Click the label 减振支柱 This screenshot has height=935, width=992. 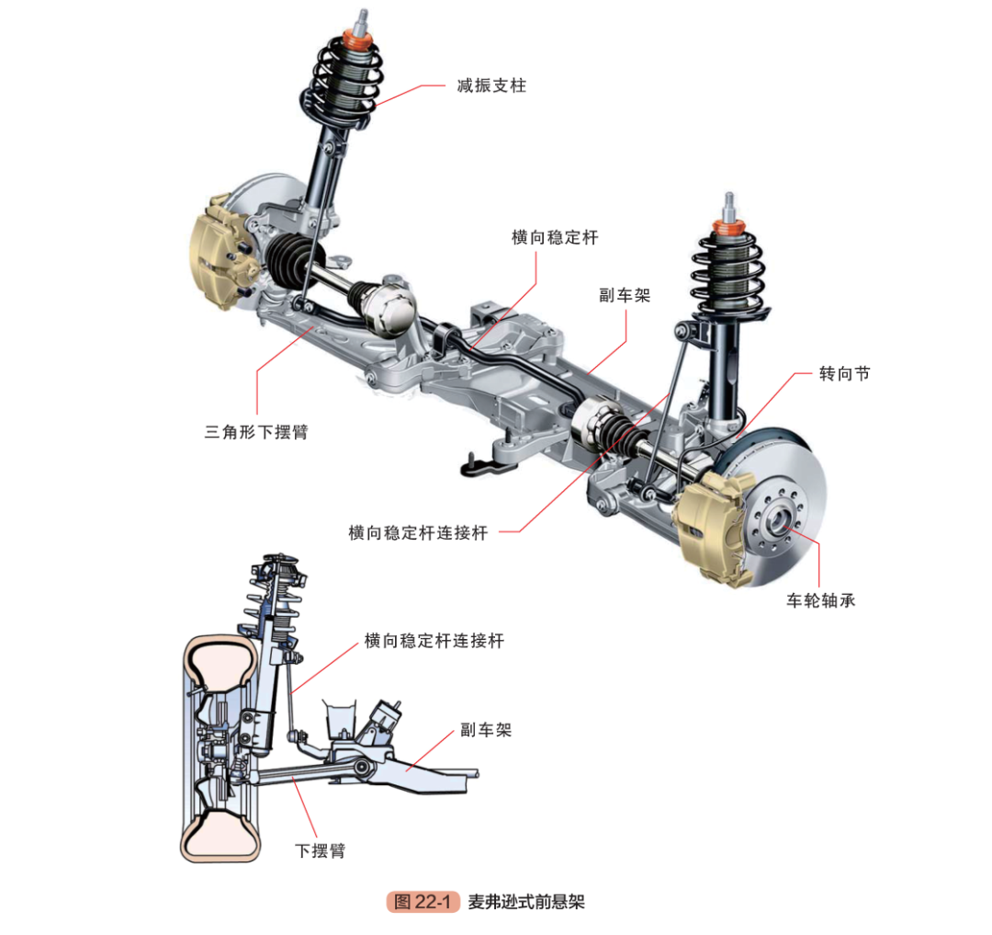pos(491,86)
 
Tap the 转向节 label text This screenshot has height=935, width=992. pos(844,374)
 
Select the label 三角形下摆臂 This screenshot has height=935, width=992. pos(256,430)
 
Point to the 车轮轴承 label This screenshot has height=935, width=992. pos(820,601)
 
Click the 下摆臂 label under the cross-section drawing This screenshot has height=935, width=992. pos(320,849)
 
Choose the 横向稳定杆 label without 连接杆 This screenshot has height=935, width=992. pos(555,237)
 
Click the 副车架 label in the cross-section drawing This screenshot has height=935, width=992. pos(485,730)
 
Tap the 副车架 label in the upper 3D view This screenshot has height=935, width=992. pos(625,296)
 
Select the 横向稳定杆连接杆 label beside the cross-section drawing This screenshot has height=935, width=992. pos(434,641)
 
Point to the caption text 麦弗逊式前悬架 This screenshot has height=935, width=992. pos(526,901)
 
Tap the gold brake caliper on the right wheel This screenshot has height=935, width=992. pos(711,526)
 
